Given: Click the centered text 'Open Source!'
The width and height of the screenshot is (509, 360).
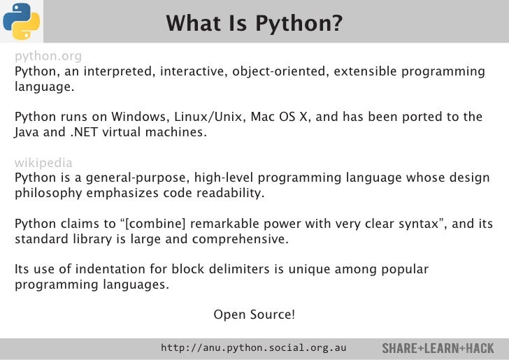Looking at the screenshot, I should (x=254, y=315).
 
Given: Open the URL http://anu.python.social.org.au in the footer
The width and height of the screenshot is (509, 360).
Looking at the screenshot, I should (x=254, y=347).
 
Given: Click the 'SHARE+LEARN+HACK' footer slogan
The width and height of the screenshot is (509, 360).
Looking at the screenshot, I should (x=438, y=348).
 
